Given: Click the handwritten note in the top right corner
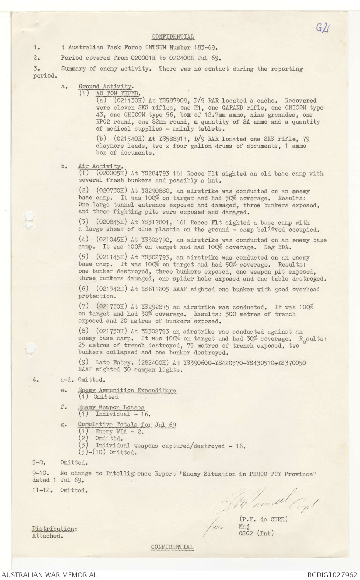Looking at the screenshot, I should click(322, 28).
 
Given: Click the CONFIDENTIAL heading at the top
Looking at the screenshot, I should click(173, 36).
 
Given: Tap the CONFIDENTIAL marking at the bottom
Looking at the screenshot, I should click(172, 547).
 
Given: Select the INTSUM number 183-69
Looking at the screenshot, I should click(203, 47).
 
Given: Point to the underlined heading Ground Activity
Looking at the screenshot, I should click(105, 86).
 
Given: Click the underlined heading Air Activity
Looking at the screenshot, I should click(100, 167).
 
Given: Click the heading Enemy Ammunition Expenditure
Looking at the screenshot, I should click(127, 390).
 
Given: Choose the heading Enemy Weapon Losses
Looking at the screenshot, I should click(111, 407).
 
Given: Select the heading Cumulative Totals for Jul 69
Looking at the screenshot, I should click(127, 425).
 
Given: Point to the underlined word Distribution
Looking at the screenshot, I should click(55, 529).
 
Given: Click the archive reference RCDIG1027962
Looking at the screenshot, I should click(332, 575).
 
